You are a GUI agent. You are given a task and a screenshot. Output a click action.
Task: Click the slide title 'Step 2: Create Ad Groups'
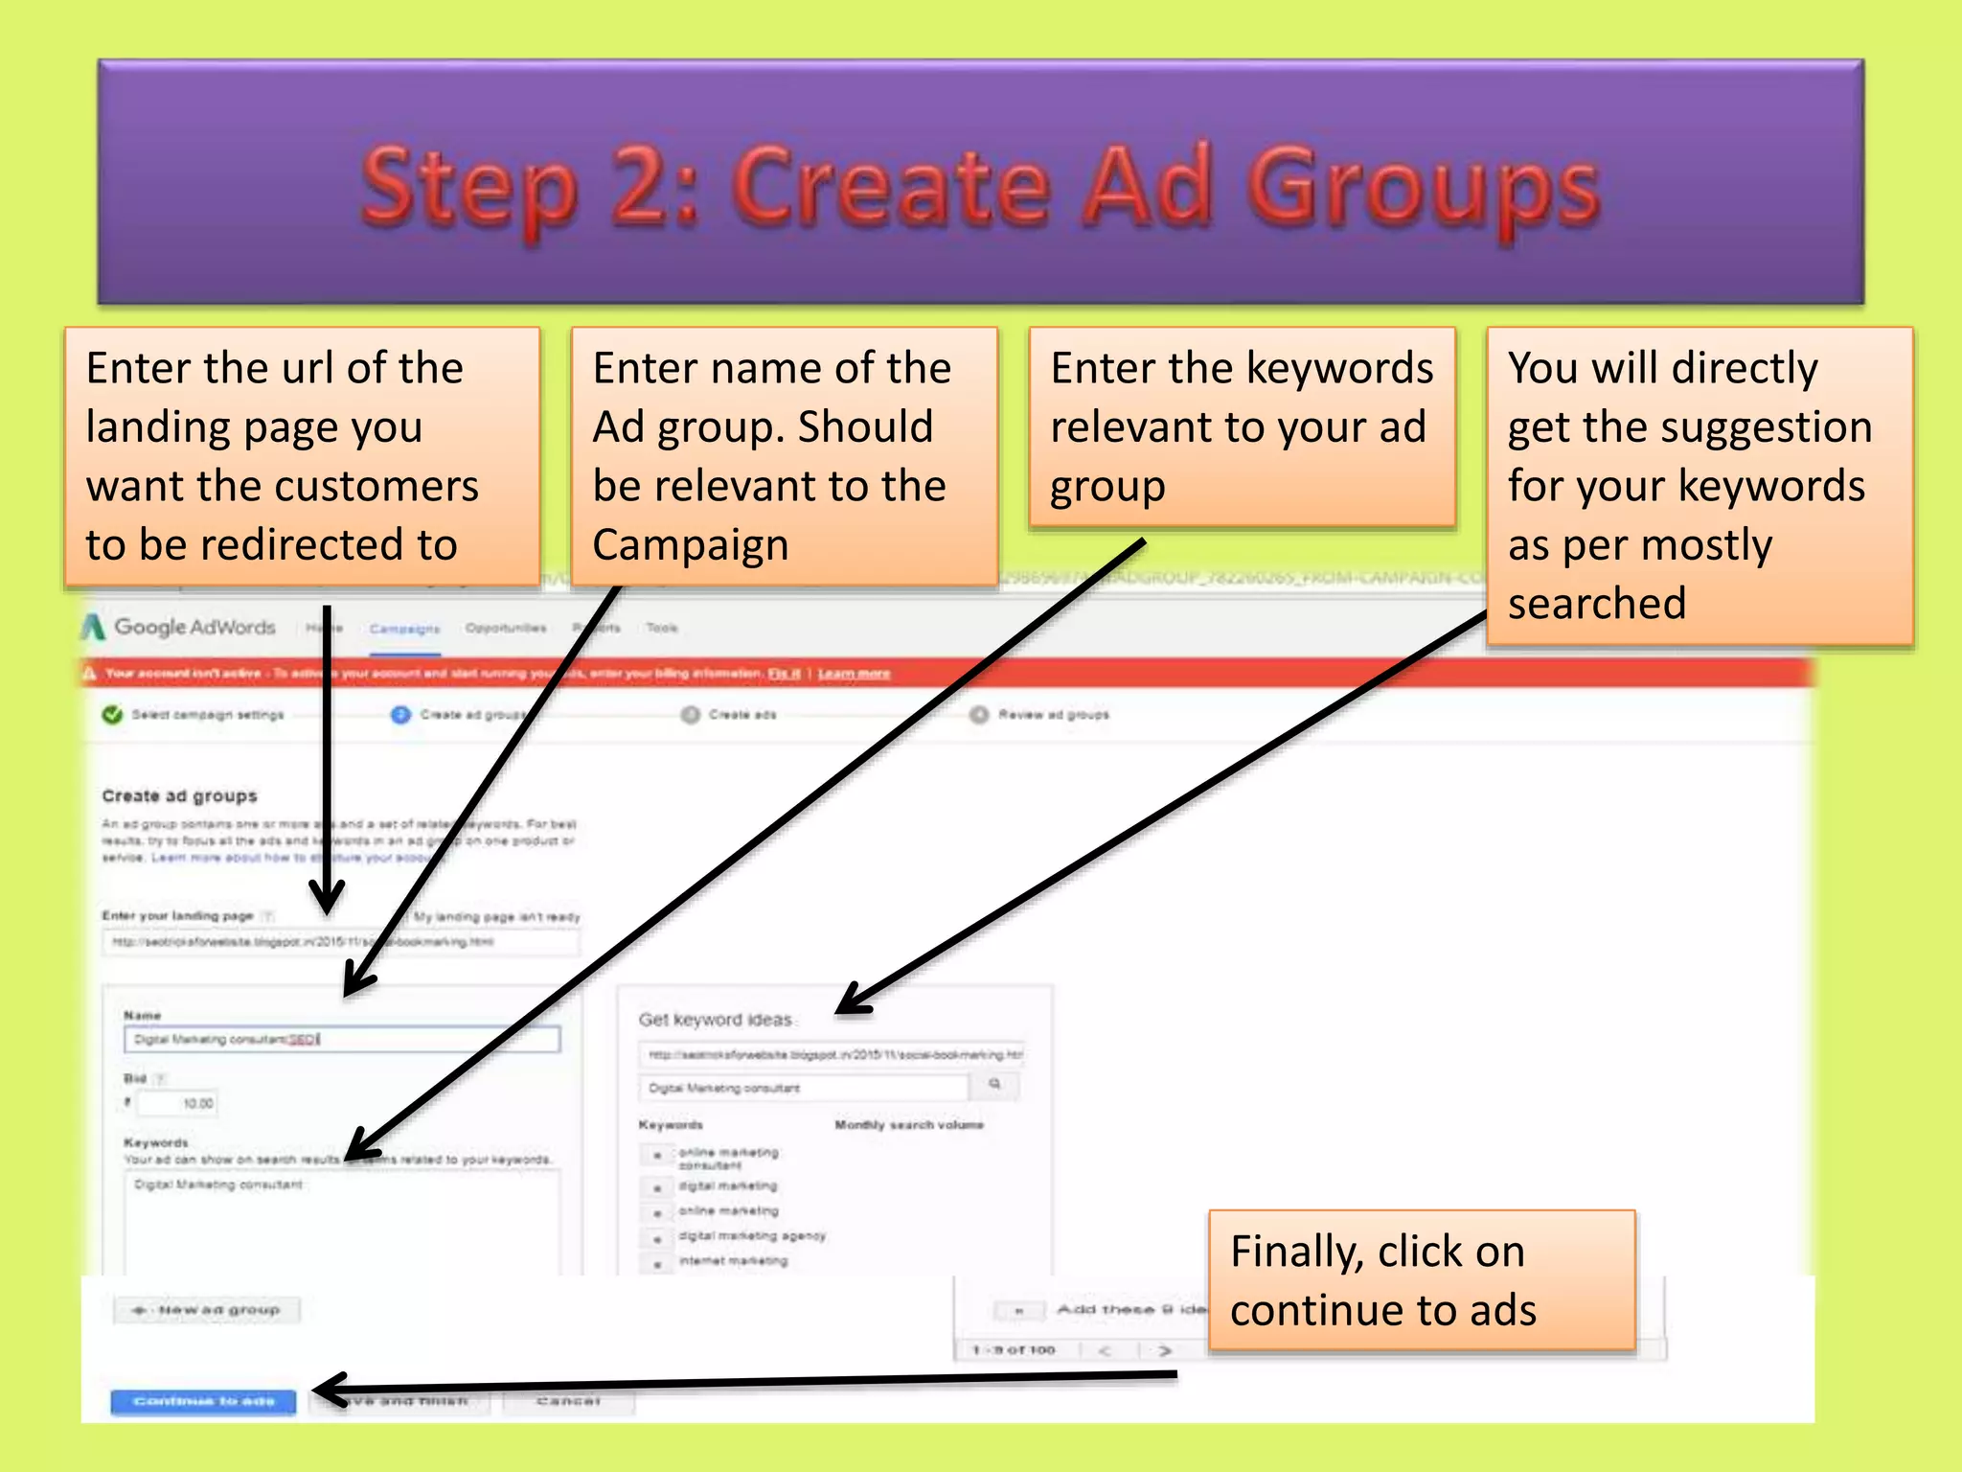pyautogui.click(x=980, y=187)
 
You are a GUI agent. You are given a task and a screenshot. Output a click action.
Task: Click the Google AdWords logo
pyautogui.click(x=180, y=627)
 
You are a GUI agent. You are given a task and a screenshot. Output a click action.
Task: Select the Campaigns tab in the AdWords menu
pyautogui.click(x=404, y=629)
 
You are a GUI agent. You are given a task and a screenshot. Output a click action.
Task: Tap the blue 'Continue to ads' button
pyautogui.click(x=203, y=1401)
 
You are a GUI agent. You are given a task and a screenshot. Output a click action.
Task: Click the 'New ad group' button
pyautogui.click(x=207, y=1309)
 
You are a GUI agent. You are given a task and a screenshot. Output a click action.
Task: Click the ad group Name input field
pyautogui.click(x=341, y=1039)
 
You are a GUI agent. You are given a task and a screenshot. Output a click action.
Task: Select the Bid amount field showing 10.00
pyautogui.click(x=178, y=1103)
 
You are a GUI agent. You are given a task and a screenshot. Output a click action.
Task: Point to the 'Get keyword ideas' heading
pyautogui.click(x=715, y=1020)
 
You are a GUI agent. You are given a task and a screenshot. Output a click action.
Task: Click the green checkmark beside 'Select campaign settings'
pyautogui.click(x=112, y=715)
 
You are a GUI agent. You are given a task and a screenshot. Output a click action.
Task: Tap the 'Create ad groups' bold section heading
pyautogui.click(x=179, y=795)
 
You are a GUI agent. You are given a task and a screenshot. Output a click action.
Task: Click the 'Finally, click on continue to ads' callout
pyautogui.click(x=1421, y=1280)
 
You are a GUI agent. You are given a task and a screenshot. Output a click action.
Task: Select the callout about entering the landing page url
pyautogui.click(x=302, y=456)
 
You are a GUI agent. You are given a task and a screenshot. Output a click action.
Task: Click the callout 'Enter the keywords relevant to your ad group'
pyautogui.click(x=1242, y=427)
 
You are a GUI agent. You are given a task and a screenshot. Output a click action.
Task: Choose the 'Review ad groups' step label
pyautogui.click(x=1053, y=715)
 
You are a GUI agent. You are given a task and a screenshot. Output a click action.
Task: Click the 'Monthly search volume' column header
pyautogui.click(x=908, y=1125)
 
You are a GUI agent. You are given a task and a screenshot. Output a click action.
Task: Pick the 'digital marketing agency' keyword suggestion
pyautogui.click(x=751, y=1236)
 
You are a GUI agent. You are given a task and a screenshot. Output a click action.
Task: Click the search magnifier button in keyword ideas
pyautogui.click(x=994, y=1085)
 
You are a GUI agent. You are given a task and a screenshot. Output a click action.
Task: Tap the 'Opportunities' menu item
pyautogui.click(x=506, y=629)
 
